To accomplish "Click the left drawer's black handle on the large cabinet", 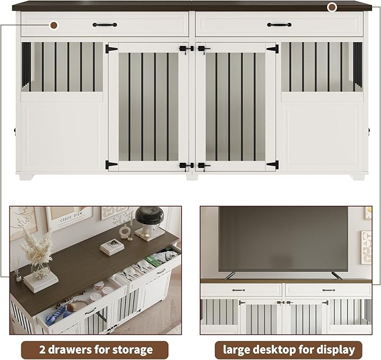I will pos(105,25).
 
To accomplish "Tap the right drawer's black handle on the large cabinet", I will pos(279,25).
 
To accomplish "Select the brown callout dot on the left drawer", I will pos(54,25).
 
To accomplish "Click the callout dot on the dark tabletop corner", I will pos(332,7).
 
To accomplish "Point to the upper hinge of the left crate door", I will pos(111,49).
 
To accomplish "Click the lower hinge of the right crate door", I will pos(272,165).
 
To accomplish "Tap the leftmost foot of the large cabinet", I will pos(25,176).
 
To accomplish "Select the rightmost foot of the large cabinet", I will pos(358,176).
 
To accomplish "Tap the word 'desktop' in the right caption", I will pos(286,349).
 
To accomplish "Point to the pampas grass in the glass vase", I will pos(36,248).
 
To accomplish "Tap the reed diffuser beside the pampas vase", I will pos(17,270).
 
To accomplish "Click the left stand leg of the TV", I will pos(229,275).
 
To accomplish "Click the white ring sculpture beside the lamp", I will pos(125,231).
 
